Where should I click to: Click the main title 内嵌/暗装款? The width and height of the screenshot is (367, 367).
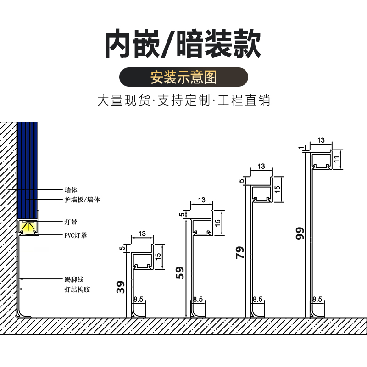(x=183, y=44)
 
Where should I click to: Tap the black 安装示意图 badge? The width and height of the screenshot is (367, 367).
(x=183, y=77)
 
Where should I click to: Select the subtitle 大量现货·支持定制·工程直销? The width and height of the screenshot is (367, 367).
(x=183, y=100)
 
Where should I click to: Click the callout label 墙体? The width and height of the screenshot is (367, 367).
(x=71, y=189)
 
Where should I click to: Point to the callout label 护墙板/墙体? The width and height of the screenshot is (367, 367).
(x=82, y=200)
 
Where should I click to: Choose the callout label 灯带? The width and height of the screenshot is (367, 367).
(x=71, y=222)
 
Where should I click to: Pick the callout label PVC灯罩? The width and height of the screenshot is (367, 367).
(x=76, y=235)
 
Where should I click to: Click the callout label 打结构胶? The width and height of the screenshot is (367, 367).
(x=78, y=289)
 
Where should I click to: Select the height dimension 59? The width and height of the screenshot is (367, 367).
(x=180, y=273)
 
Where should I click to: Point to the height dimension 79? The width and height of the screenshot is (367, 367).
(x=240, y=253)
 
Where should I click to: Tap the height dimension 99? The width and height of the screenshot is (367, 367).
(x=300, y=234)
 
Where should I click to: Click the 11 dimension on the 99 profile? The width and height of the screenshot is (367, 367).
(x=336, y=159)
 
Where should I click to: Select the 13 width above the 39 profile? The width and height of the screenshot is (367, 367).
(x=142, y=234)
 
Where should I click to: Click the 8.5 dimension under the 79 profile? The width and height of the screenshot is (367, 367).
(x=257, y=299)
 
